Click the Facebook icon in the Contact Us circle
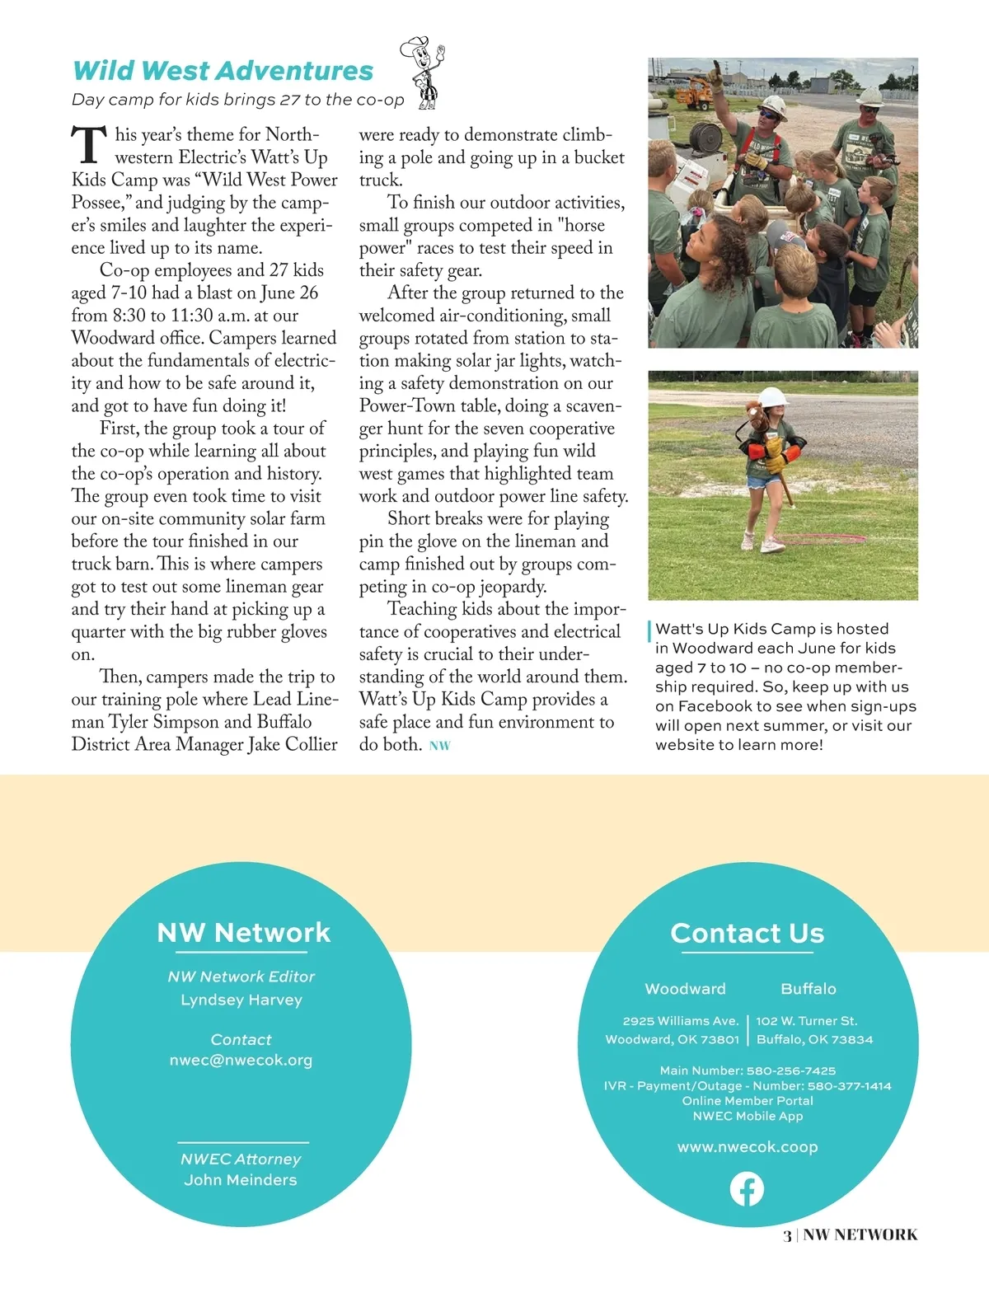tap(747, 1189)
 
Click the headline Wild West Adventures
tap(223, 71)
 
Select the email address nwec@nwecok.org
tap(241, 1060)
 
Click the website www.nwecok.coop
tap(748, 1146)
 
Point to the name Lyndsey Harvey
tap(241, 1000)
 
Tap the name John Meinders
tap(241, 1179)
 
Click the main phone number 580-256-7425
tap(791, 1070)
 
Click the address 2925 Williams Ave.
tap(680, 1021)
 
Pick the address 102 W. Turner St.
tap(807, 1021)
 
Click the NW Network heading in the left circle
tap(243, 932)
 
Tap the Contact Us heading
tap(747, 933)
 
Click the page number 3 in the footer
tap(787, 1234)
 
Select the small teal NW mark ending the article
tap(440, 746)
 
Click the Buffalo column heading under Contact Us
tap(809, 989)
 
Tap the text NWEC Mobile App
tap(748, 1116)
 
